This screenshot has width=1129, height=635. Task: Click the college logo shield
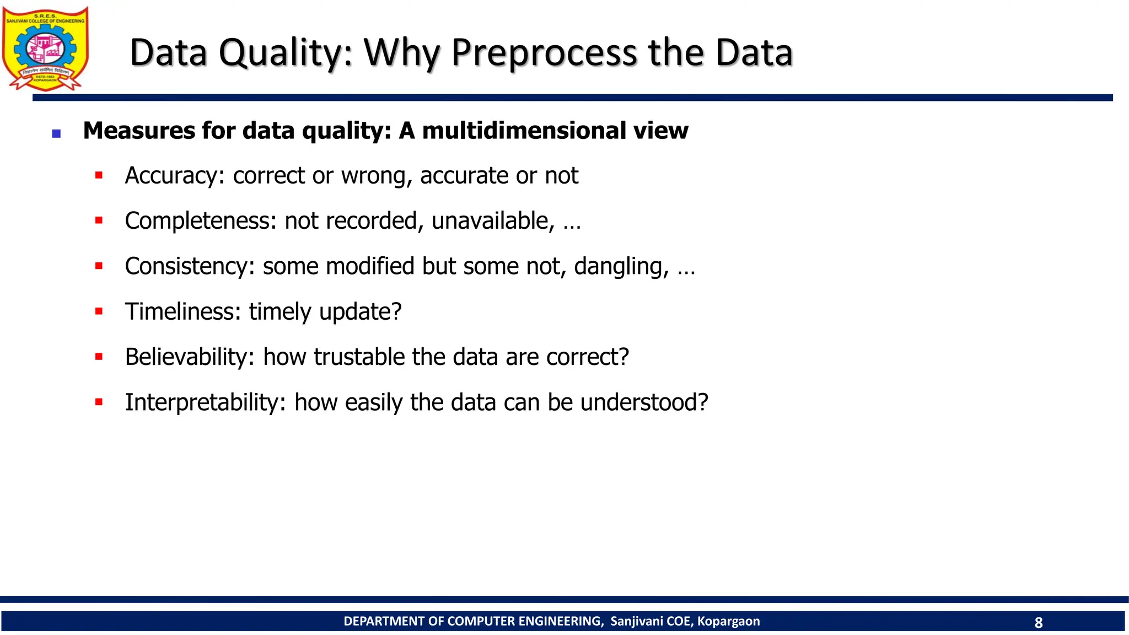45,49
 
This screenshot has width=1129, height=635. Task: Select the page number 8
1039,622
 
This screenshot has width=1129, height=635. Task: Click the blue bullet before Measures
56,133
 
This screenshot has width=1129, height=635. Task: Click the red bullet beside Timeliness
99,311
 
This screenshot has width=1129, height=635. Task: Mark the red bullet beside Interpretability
99,402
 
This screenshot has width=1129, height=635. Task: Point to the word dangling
621,267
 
